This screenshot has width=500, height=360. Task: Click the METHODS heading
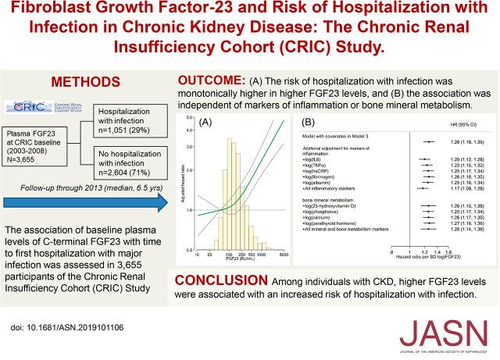(x=86, y=82)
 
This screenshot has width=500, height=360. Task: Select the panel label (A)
(x=207, y=123)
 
